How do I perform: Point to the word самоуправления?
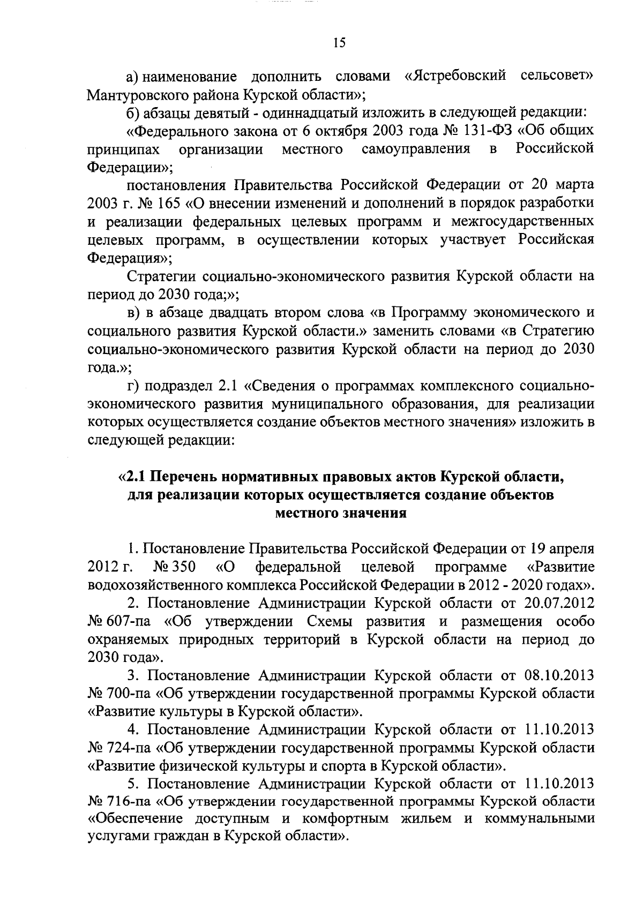pyautogui.click(x=416, y=149)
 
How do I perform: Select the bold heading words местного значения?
pyautogui.click(x=340, y=513)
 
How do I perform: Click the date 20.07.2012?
pyautogui.click(x=557, y=603)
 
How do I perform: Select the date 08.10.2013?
pyautogui.click(x=557, y=675)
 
